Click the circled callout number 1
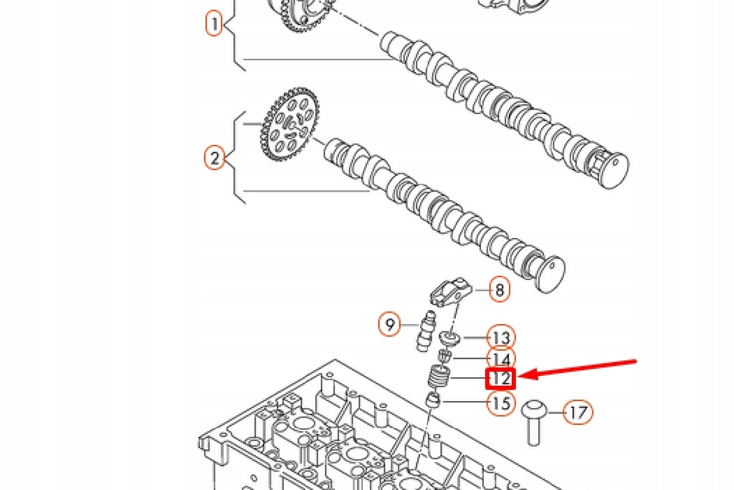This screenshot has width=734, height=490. (x=214, y=24)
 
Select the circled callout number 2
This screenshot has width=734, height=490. (x=214, y=157)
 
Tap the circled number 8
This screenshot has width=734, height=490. (x=500, y=290)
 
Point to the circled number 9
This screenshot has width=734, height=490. (x=389, y=326)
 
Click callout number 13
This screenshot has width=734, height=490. (x=501, y=337)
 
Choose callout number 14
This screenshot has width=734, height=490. (x=501, y=358)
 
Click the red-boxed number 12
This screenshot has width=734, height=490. (x=500, y=378)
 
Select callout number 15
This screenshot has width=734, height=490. (x=501, y=403)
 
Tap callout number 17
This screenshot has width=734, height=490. (x=578, y=413)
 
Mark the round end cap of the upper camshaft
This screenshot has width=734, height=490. (x=613, y=171)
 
